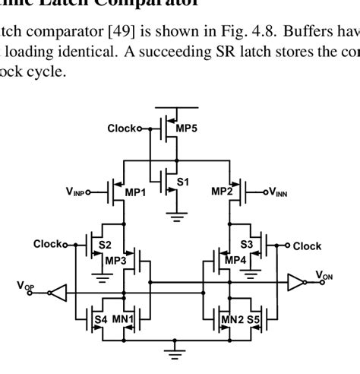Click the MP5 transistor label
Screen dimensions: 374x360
pos(186,128)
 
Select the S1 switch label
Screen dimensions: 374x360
pos(182,182)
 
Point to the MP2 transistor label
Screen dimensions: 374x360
pos(222,192)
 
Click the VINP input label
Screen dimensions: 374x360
pos(77,192)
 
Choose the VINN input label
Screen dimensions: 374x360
pos(276,192)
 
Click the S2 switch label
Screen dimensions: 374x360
pos(106,245)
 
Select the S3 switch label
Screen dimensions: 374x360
pos(246,245)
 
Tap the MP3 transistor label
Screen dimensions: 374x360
pos(115,260)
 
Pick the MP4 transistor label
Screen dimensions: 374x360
pos(235,260)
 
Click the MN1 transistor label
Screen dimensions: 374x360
pos(123,320)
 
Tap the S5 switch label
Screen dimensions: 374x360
pos(253,320)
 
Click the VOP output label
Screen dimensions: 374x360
pos(25,285)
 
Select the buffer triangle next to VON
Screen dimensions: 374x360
pos(295,284)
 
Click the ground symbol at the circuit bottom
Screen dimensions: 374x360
pos(176,352)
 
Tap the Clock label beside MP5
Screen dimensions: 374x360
pos(121,128)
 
